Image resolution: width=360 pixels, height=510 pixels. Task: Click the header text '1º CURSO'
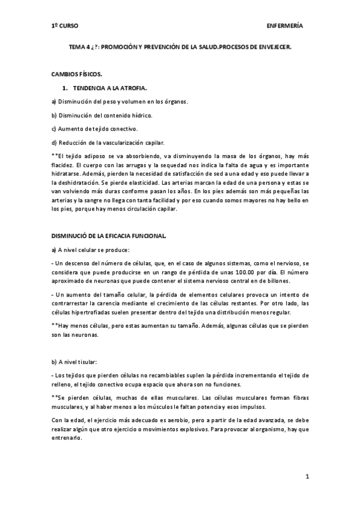pyautogui.click(x=64, y=26)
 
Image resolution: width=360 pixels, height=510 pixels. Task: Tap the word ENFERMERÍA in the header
pyautogui.click(x=284, y=26)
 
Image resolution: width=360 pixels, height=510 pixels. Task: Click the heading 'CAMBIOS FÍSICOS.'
pyautogui.click(x=76, y=75)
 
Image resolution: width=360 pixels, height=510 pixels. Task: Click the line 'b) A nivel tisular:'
pyautogui.click(x=78, y=361)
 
